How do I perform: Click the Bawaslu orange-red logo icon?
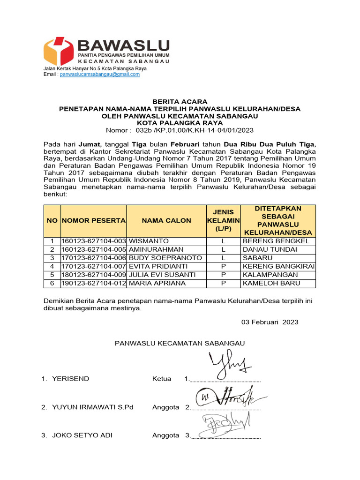point(58,51)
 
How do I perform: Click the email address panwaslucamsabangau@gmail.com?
point(100,74)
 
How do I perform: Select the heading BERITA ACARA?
point(180,102)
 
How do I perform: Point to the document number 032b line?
point(180,130)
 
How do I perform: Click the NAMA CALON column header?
point(166,220)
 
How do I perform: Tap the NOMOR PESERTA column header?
point(94,220)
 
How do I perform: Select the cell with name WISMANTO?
point(145,241)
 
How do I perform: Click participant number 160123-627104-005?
point(94,249)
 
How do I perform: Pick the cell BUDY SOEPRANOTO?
point(165,258)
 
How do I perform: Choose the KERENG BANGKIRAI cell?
point(278,266)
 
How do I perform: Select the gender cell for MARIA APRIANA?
point(224,283)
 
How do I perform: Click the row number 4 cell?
point(52,266)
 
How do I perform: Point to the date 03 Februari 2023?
point(270,322)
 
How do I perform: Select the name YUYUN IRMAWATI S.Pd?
point(93,407)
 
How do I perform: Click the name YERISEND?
point(71,379)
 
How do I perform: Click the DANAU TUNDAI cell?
point(270,249)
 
